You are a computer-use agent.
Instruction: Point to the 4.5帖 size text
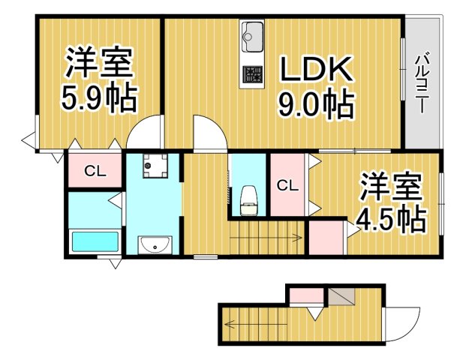pyautogui.click(x=390, y=219)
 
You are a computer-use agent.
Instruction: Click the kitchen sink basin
pyautogui.click(x=252, y=34)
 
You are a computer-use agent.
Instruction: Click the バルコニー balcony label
pyautogui.click(x=422, y=82)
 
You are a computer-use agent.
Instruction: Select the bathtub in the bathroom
pyautogui.click(x=95, y=242)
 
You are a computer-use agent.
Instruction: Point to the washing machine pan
pyautogui.click(x=155, y=166)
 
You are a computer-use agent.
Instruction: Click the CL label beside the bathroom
pyautogui.click(x=94, y=171)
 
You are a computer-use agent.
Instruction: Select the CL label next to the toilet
pyautogui.click(x=286, y=184)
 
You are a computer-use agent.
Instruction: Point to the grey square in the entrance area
pyautogui.click(x=339, y=295)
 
